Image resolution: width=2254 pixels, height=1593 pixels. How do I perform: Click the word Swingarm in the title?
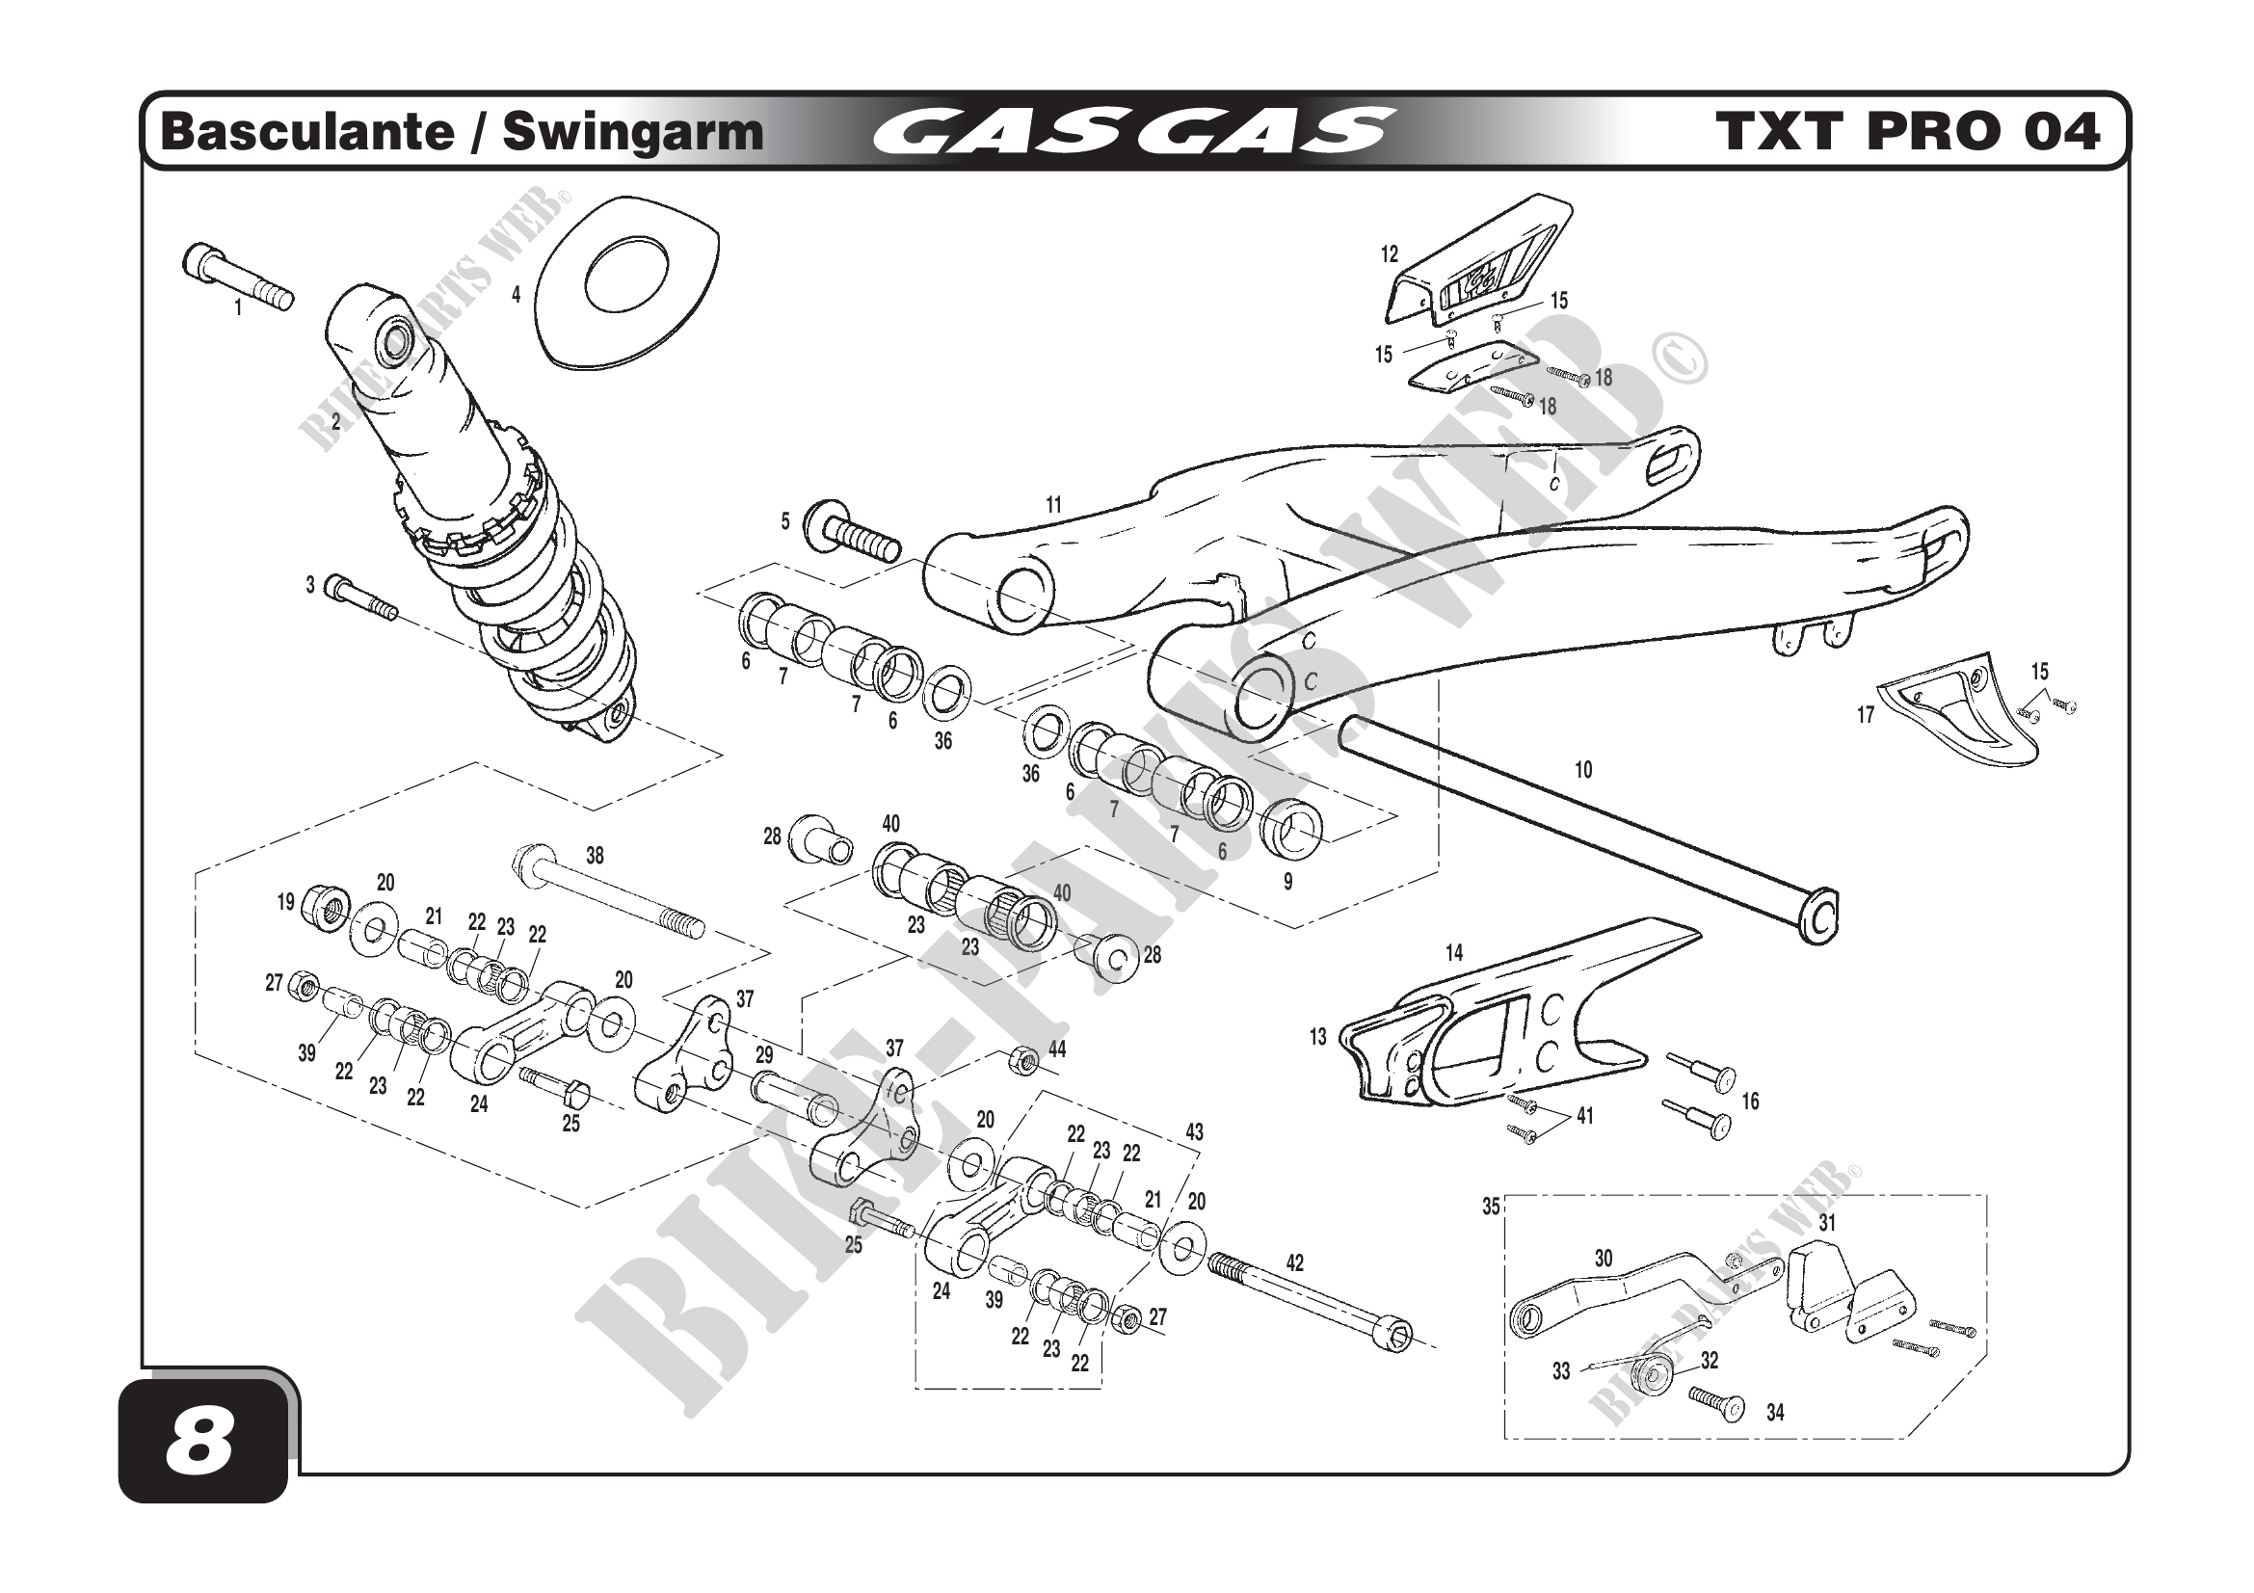click(x=632, y=132)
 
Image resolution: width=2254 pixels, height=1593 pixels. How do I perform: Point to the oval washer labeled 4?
click(x=625, y=282)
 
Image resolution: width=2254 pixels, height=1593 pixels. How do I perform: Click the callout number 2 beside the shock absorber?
click(x=335, y=422)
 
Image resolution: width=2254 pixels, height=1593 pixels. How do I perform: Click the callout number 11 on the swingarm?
click(x=1053, y=506)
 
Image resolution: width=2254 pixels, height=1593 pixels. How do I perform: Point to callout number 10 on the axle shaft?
click(x=1582, y=771)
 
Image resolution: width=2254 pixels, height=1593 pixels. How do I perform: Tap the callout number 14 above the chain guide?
click(x=1454, y=952)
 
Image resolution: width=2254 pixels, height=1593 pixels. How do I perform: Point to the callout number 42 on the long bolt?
click(x=1295, y=1262)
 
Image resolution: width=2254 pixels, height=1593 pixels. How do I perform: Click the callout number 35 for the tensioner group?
click(x=1490, y=1208)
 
